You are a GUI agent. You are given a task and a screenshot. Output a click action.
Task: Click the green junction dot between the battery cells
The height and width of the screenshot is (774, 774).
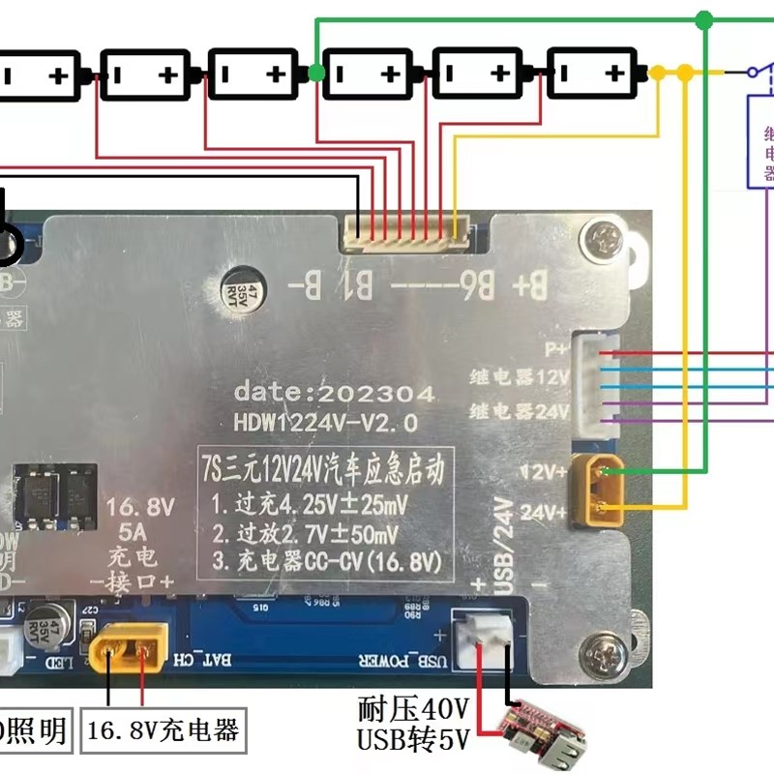(316, 74)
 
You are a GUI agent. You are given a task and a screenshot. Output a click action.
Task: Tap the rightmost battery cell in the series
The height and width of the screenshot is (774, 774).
(589, 74)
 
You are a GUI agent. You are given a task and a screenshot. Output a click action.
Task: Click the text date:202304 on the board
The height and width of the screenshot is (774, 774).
(334, 394)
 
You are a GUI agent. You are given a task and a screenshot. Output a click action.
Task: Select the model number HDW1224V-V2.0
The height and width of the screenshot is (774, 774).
(326, 423)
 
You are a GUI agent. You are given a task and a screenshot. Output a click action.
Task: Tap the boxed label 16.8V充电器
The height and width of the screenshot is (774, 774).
(162, 729)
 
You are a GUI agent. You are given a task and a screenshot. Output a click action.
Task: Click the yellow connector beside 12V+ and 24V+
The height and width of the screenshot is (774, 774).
(599, 491)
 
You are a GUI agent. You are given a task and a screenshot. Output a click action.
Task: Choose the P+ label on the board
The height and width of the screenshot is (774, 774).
(556, 347)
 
